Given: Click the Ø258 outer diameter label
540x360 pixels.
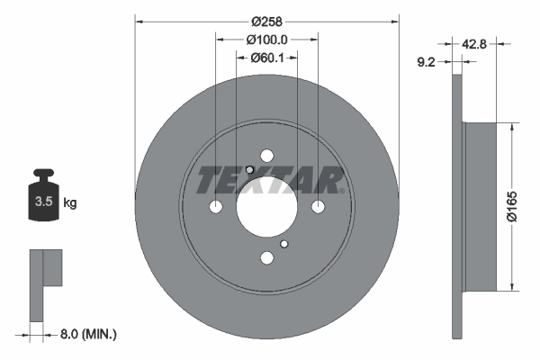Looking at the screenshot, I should click(266, 21).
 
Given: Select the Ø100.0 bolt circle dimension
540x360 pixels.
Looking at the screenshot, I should click(266, 40).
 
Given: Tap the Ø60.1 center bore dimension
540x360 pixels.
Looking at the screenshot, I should click(266, 58).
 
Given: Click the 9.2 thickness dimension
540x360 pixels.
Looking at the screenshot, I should click(429, 62).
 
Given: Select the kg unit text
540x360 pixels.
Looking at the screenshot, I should click(70, 202).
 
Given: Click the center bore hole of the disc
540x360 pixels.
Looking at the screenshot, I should click(266, 207).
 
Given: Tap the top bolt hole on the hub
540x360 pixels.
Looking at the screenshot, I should click(266, 156).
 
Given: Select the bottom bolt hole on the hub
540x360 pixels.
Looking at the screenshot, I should click(266, 259).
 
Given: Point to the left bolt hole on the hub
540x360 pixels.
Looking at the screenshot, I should click(215, 207).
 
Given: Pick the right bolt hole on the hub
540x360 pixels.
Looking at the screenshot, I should click(319, 207).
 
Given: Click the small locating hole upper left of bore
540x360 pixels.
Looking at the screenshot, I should click(249, 170).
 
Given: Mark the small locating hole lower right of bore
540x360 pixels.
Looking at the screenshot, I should click(284, 244).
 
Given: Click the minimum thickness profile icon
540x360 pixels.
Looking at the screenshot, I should click(45, 283).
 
